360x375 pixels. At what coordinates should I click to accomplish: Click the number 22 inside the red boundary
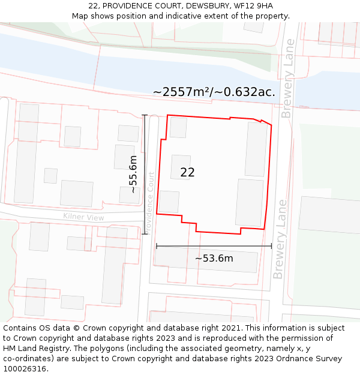pos(187,172)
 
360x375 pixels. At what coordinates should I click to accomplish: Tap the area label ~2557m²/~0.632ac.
pos(214,92)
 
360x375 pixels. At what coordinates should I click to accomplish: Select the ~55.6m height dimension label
pos(133,174)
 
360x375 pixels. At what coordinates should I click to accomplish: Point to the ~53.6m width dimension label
pos(214,258)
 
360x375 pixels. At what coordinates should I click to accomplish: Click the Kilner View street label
pos(83,217)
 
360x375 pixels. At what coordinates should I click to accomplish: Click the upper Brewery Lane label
pos(287,79)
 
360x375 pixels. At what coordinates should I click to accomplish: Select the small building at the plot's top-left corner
pos(178,127)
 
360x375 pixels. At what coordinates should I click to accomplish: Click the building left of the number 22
pos(181,167)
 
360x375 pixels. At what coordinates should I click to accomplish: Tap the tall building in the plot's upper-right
pos(257,149)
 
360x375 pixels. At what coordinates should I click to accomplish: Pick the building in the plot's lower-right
pos(250,202)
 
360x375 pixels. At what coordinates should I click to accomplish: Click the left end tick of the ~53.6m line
pos(157,245)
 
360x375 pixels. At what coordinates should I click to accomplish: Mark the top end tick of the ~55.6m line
pos(145,115)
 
